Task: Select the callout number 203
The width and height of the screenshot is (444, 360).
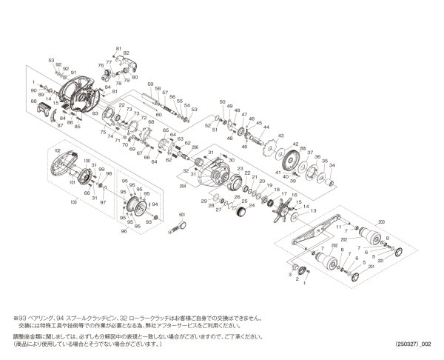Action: click(382, 222)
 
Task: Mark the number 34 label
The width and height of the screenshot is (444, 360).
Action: click(334, 165)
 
